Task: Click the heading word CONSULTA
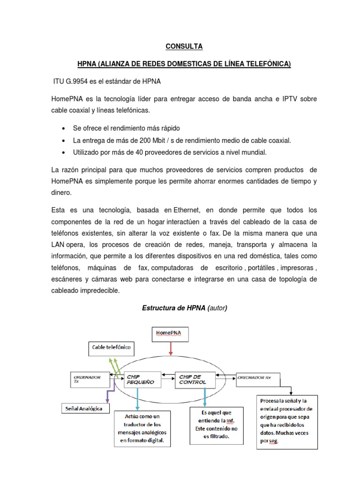[x=184, y=46]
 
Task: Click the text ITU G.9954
[x=72, y=82]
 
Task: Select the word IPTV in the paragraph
[x=263, y=99]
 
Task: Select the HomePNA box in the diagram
[x=171, y=334]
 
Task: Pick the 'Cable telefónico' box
[x=111, y=348]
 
